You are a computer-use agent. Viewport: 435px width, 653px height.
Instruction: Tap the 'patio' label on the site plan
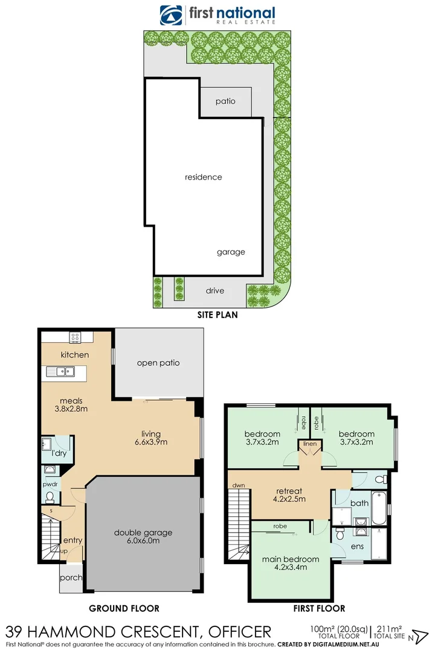click(x=225, y=101)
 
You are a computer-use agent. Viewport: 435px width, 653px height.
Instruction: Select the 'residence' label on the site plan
click(x=204, y=177)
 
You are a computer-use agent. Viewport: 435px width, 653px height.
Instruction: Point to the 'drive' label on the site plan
click(x=214, y=291)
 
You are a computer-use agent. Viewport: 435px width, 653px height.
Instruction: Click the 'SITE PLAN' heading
click(x=217, y=314)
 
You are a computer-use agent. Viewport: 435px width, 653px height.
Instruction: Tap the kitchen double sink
click(x=66, y=371)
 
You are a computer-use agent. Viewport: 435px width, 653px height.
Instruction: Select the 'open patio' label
click(x=158, y=363)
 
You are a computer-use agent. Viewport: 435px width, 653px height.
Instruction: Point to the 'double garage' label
click(x=143, y=533)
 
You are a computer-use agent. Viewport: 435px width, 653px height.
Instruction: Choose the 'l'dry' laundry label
click(x=59, y=453)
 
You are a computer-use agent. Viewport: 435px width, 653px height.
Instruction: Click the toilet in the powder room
click(x=51, y=497)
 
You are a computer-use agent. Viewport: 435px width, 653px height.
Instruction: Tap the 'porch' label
click(x=71, y=578)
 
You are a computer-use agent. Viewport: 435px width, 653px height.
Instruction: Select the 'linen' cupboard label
click(x=310, y=444)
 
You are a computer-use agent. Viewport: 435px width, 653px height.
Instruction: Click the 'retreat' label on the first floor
click(x=288, y=491)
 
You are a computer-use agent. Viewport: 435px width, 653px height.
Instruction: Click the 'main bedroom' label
click(x=291, y=559)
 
